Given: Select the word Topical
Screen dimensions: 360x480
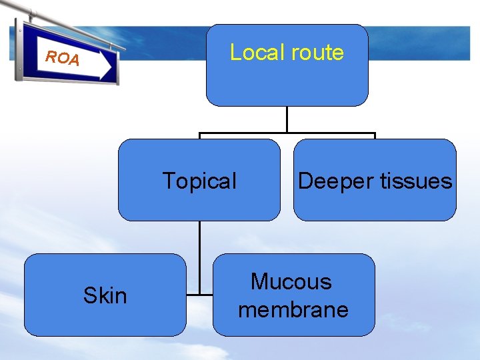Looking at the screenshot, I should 199,181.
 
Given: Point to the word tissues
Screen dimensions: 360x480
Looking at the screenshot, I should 413,181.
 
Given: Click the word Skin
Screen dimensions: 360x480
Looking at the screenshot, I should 105,295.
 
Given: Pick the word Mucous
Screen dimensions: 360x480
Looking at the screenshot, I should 291,281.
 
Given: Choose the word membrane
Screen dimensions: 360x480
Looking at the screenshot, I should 293,309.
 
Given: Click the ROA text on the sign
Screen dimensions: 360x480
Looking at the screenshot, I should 62,58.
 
